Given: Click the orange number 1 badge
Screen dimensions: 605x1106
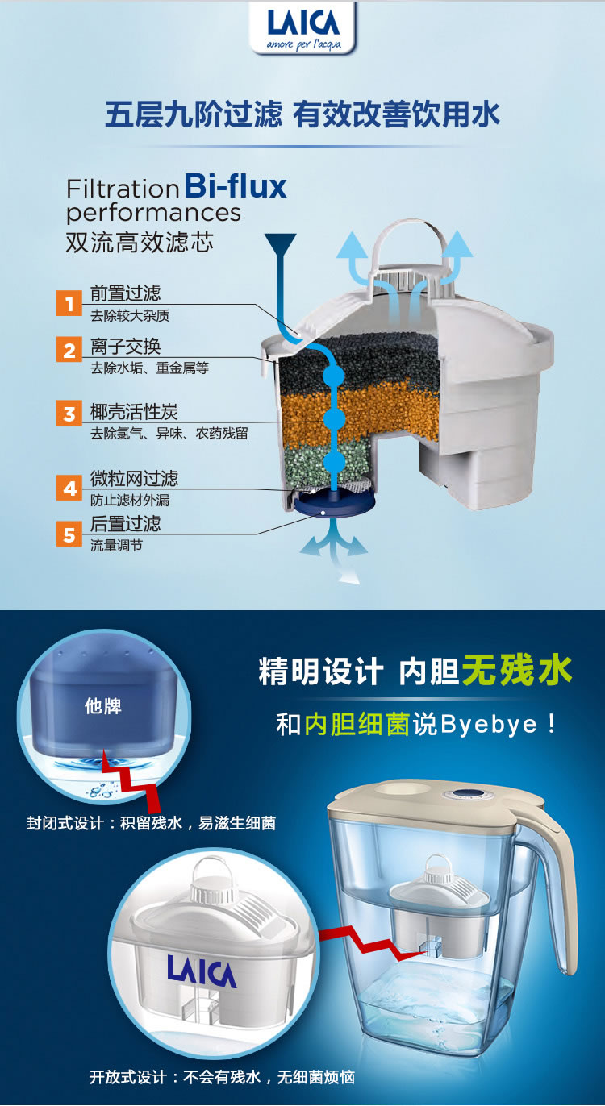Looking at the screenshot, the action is point(69,303).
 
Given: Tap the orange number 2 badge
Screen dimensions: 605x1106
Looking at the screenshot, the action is point(69,350).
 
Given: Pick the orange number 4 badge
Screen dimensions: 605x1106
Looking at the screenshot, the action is point(69,488).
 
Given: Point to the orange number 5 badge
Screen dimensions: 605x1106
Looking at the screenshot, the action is point(69,534).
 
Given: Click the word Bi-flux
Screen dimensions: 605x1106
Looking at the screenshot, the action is point(236,186).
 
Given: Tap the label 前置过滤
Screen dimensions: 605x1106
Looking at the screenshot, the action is point(125,293).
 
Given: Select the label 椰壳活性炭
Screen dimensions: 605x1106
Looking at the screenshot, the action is point(134,411).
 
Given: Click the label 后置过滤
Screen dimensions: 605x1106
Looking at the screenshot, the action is point(125,523).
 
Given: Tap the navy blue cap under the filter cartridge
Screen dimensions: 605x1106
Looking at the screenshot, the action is point(334,504).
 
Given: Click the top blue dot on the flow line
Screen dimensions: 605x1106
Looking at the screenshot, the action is point(334,376).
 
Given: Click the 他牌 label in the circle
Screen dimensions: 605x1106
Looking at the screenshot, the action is point(102,706).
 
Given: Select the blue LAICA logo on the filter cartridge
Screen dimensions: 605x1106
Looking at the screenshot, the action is point(202,971).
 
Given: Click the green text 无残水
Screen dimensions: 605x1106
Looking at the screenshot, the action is point(517,670).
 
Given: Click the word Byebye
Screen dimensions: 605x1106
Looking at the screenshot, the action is point(488,725).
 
